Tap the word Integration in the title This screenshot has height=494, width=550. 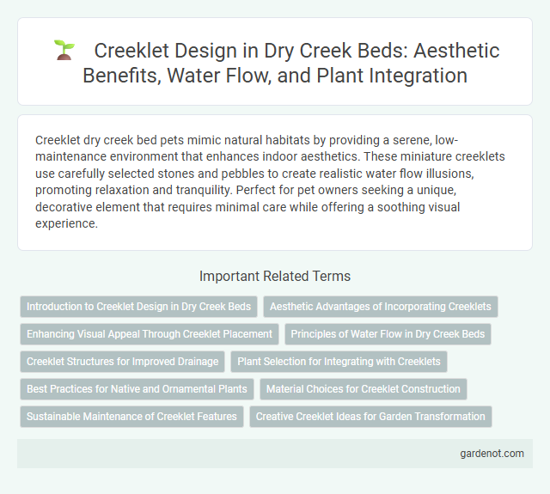pyautogui.click(x=420, y=76)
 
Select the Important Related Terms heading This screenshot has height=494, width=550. pyautogui.click(x=274, y=276)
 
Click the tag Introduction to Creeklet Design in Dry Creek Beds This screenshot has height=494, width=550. pyautogui.click(x=138, y=307)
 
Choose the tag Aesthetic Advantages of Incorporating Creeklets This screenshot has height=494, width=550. pyautogui.click(x=381, y=307)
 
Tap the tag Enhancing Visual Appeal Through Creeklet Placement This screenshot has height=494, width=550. pyautogui.click(x=149, y=334)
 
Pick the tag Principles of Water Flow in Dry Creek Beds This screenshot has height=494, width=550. pyautogui.click(x=388, y=334)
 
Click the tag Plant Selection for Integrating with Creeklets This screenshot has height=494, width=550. pyautogui.click(x=339, y=362)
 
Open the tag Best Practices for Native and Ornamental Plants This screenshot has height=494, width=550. pyautogui.click(x=137, y=389)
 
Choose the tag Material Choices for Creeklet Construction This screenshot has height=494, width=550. pyautogui.click(x=363, y=389)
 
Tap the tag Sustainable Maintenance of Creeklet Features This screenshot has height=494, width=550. pyautogui.click(x=131, y=417)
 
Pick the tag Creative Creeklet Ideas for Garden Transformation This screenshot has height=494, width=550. pyautogui.click(x=370, y=417)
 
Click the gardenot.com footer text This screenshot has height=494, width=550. pyautogui.click(x=492, y=453)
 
